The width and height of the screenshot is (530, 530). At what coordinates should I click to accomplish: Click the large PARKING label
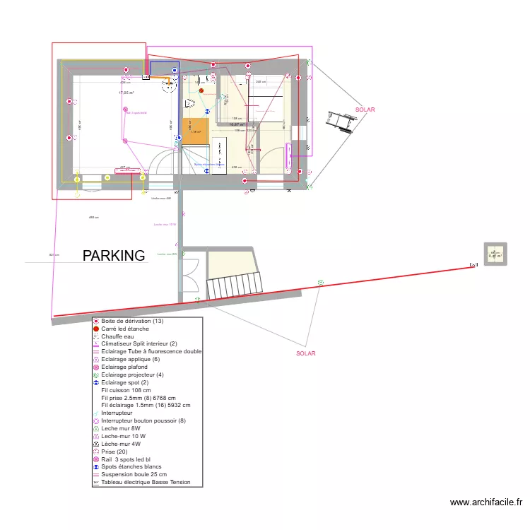(x=114, y=255)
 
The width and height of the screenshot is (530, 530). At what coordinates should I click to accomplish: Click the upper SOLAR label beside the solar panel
(x=365, y=110)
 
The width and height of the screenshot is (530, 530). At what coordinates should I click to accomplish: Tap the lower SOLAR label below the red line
(x=306, y=354)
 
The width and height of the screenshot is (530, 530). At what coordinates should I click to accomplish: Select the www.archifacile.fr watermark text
(x=487, y=503)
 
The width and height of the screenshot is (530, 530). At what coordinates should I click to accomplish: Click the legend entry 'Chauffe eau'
(x=117, y=336)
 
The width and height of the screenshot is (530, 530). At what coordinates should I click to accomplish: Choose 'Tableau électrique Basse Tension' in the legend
(x=151, y=483)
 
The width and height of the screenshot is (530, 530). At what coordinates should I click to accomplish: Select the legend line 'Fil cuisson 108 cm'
(x=126, y=390)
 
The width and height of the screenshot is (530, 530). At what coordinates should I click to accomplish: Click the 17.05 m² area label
(x=126, y=93)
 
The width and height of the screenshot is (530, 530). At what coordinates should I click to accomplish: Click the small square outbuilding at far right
(x=495, y=254)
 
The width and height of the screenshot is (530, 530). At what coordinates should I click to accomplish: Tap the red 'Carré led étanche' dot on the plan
(x=201, y=90)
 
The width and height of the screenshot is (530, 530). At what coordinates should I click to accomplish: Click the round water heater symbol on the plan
(x=168, y=86)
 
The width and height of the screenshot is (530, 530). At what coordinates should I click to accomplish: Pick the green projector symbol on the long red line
(x=320, y=282)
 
